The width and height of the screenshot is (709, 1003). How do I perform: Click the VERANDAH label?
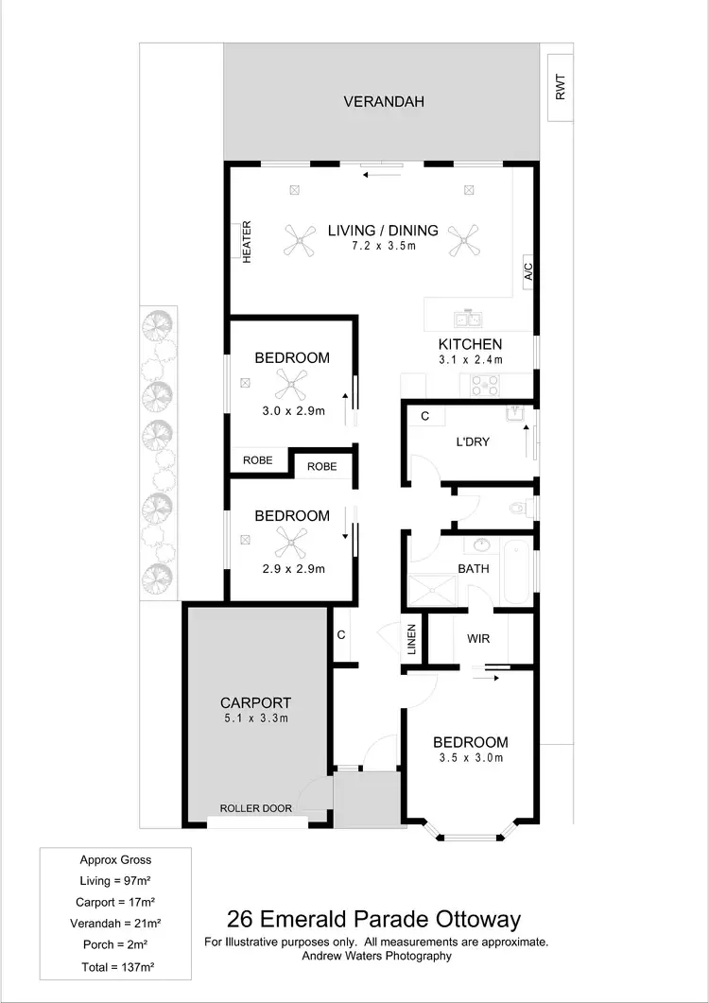[x=383, y=101]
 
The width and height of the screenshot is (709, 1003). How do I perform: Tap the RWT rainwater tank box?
[x=561, y=89]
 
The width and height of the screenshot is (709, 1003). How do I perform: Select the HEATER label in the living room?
[x=247, y=242]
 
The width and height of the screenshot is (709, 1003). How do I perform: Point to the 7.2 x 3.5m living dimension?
[x=383, y=246]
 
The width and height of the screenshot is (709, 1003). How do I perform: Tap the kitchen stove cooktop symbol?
[x=485, y=384]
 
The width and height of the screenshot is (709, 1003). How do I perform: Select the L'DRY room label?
[x=473, y=441]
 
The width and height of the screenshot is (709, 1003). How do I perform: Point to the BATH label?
[x=473, y=568]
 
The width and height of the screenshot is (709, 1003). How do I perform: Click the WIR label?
[x=478, y=638]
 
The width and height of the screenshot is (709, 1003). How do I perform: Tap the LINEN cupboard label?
[x=411, y=639]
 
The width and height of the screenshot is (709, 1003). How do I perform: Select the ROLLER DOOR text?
[x=255, y=808]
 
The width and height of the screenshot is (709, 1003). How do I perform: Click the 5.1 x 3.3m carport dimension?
[x=255, y=718]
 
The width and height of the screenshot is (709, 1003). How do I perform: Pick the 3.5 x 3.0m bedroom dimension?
[x=470, y=758]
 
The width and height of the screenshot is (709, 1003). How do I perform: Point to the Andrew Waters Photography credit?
[x=376, y=956]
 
